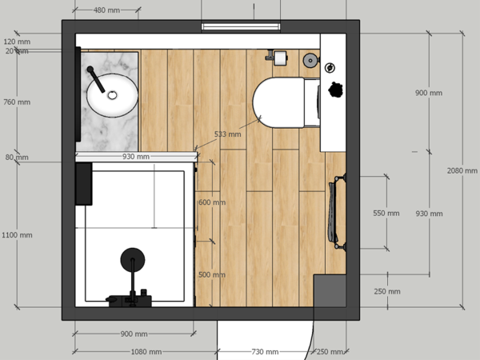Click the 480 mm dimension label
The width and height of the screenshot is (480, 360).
coord(107,10)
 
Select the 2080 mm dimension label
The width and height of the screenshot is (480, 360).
coord(463,170)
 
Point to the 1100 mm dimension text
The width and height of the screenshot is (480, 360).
coord(17,235)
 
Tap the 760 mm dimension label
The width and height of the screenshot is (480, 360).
coord(17,102)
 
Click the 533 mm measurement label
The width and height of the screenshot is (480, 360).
coord(227,134)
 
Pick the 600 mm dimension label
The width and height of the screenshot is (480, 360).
coord(212,202)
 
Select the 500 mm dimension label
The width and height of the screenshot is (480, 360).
coord(212,274)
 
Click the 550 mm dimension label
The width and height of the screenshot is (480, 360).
coord(386,214)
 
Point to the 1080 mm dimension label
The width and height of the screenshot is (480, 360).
coord(146,352)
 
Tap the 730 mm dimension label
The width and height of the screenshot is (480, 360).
coord(266,352)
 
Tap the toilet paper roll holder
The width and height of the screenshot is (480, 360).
coord(279,57)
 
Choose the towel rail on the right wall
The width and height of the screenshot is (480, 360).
coord(334,210)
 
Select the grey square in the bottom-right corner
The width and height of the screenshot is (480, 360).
coord(329,290)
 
